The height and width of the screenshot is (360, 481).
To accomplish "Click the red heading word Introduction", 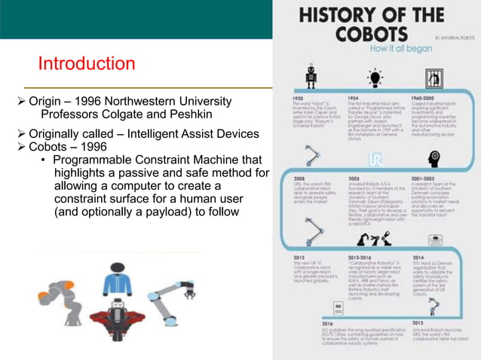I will click(x=86, y=63).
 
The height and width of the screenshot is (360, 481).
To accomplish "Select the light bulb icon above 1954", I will click(x=372, y=77).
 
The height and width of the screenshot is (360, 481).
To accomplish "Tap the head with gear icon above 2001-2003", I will click(x=434, y=158).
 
